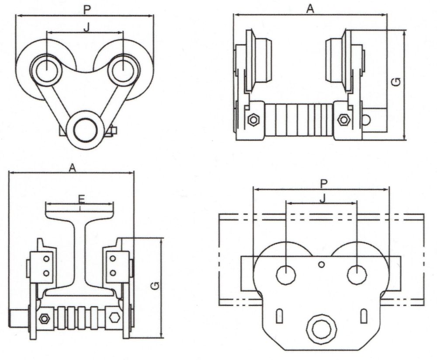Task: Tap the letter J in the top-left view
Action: click(x=87, y=28)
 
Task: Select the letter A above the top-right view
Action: click(x=310, y=9)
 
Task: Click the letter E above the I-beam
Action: click(x=81, y=199)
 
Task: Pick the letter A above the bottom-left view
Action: click(x=72, y=168)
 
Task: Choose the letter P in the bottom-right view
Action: click(x=323, y=184)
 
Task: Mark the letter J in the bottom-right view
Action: click(x=323, y=199)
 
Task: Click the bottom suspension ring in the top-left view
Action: click(x=86, y=130)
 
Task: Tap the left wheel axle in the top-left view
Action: click(x=47, y=70)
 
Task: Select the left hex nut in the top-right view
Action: click(x=253, y=120)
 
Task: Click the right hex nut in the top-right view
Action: click(x=343, y=120)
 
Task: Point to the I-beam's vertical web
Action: click(x=80, y=252)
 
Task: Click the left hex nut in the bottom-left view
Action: click(x=44, y=318)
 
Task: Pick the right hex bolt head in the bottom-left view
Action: click(x=115, y=318)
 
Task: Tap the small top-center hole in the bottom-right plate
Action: click(x=322, y=264)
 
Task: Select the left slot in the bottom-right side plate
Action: click(x=280, y=316)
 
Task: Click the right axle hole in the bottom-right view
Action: click(x=357, y=275)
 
